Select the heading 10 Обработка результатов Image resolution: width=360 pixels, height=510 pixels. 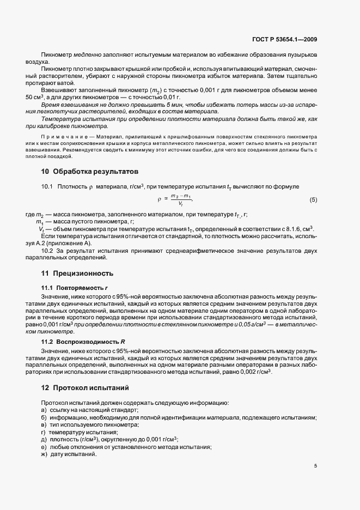86,172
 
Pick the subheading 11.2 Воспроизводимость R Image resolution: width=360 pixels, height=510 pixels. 83,342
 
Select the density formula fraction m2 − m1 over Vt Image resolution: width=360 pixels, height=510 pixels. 181,200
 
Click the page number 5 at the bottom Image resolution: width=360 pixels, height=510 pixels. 315,466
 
